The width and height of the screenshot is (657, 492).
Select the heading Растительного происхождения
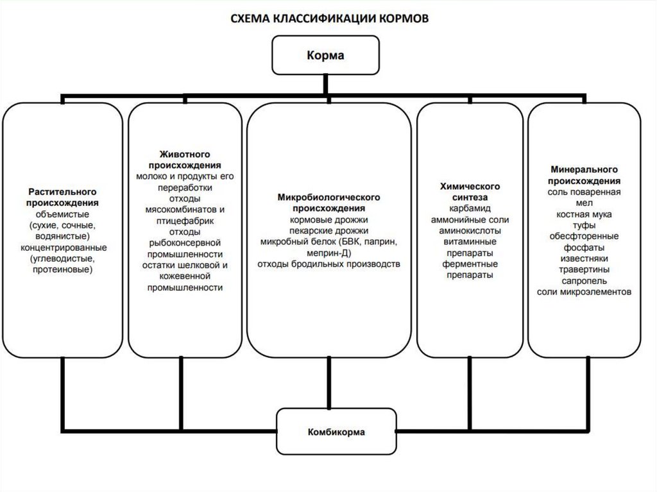[x=62, y=197]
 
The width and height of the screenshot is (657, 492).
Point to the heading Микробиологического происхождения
[x=329, y=203]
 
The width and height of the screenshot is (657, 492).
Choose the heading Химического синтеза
[x=470, y=191]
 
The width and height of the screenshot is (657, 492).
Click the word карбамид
[x=470, y=208]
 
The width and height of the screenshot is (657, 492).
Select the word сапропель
[x=584, y=280]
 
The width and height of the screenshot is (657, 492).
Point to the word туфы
[x=584, y=225]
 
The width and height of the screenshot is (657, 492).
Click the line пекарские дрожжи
[x=329, y=231]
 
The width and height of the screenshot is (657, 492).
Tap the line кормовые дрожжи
[x=329, y=220]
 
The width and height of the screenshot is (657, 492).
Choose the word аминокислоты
[x=470, y=231]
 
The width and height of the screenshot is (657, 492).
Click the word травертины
[x=584, y=269]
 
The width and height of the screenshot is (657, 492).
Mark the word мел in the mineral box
[x=584, y=203]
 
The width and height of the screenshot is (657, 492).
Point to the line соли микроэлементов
[x=584, y=291]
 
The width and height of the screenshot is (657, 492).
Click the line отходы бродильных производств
[x=329, y=264]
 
